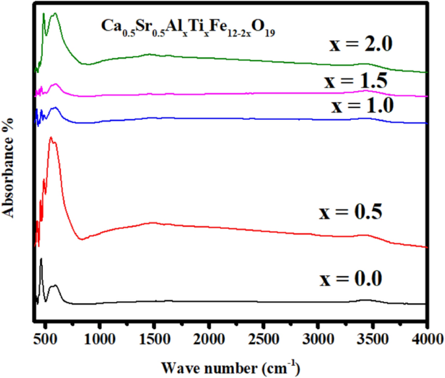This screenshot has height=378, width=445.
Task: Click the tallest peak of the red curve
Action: coord(51,139)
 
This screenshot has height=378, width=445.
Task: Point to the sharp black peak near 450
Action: coord(41,259)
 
